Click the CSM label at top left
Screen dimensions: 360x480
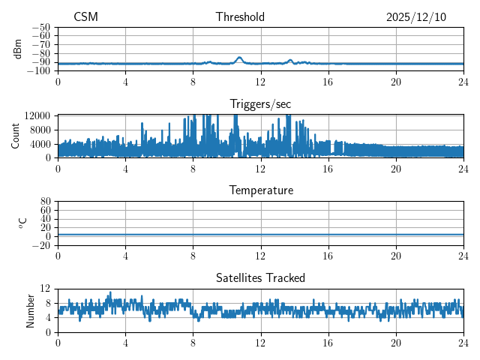85,17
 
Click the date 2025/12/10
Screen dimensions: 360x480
416,17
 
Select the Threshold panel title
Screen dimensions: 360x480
240,17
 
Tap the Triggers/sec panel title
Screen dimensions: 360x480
260,104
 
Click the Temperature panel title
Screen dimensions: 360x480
261,190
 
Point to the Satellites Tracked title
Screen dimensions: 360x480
260,278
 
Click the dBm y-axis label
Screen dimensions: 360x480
18,48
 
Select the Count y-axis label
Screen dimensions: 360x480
15,136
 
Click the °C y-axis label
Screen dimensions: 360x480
22,223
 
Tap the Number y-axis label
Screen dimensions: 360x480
31,310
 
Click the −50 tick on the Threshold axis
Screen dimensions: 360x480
41,27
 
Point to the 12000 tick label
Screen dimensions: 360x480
37,115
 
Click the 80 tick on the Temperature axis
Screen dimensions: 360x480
45,202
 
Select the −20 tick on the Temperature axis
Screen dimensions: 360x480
41,245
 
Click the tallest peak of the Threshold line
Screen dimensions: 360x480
239,58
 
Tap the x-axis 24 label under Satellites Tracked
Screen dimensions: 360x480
463,343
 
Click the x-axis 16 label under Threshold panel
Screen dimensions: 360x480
328,81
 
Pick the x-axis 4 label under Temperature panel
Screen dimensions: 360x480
125,256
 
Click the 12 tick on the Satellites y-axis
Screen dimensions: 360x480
45,289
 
